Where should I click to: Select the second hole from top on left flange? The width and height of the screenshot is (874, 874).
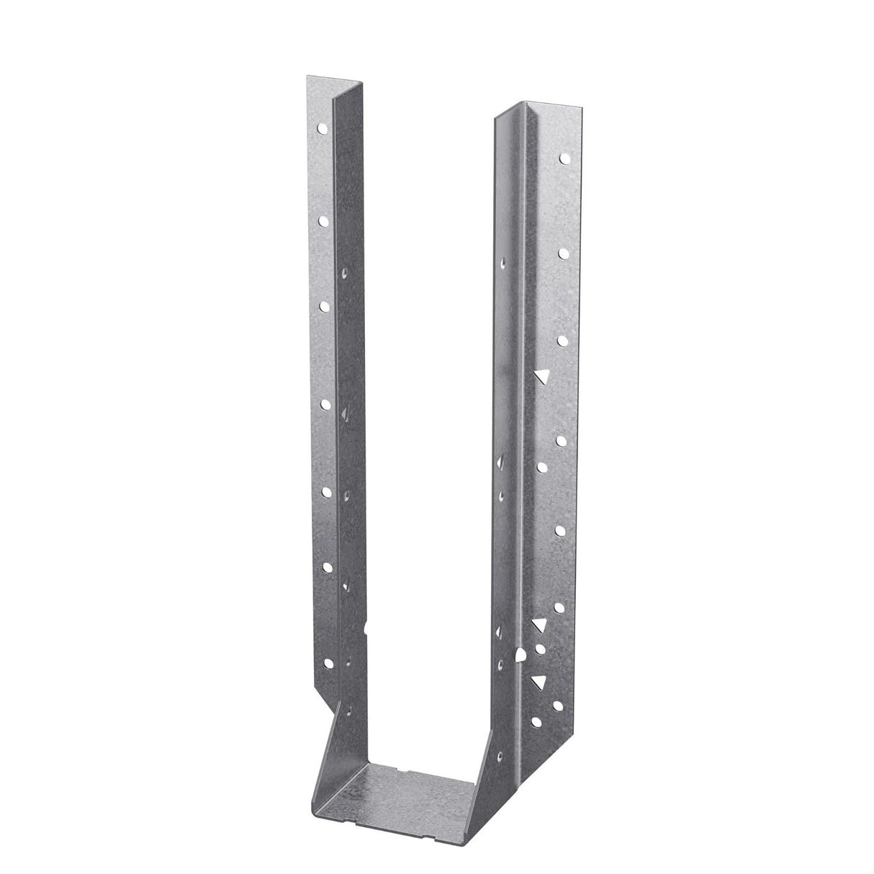tap(323, 218)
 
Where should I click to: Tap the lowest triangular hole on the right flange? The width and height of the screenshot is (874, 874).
tap(537, 681)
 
